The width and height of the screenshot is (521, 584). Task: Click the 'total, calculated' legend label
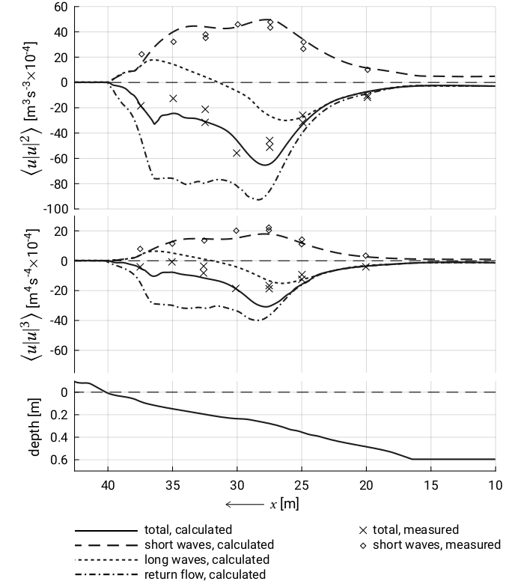188,529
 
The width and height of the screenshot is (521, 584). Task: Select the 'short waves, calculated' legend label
209,544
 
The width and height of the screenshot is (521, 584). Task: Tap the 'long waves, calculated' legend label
207,559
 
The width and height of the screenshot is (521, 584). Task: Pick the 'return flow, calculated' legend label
205,574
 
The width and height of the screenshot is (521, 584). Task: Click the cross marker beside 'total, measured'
363,530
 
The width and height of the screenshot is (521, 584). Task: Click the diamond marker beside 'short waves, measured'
363,545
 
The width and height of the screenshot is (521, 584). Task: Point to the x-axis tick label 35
172,485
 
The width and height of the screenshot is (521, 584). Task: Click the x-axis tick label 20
366,485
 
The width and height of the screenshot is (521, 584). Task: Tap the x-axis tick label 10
496,485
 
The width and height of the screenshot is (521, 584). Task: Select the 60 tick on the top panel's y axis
61,7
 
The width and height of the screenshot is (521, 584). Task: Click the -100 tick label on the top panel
56,209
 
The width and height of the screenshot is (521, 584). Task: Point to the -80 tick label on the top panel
58,183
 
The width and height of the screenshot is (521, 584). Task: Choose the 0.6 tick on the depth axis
59,460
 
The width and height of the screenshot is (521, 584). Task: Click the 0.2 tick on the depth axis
59,415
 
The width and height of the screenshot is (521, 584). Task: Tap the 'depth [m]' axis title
34,428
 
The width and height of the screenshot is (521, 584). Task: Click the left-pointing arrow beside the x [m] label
244,505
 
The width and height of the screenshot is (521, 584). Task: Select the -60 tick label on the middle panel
58,350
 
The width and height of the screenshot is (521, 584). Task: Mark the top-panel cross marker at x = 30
237,153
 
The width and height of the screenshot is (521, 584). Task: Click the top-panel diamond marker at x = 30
237,25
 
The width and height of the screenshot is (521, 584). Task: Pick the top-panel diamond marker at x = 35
173,42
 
